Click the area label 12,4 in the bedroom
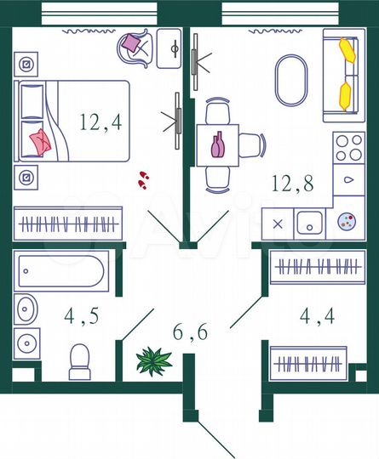(x=100, y=122)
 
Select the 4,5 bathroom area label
(x=81, y=317)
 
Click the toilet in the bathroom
(x=80, y=361)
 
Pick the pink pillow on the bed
(x=41, y=139)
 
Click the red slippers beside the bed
(x=143, y=179)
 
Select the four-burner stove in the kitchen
(x=348, y=146)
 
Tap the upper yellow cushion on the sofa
(x=345, y=50)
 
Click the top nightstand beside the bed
(x=28, y=65)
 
